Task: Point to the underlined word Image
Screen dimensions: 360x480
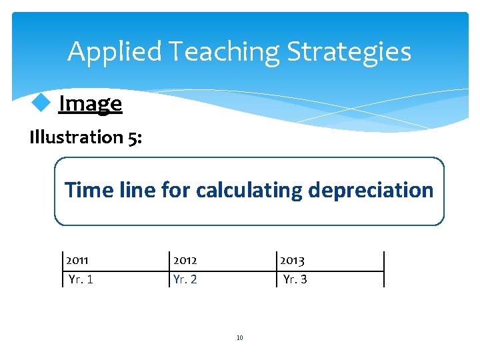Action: pyautogui.click(x=90, y=103)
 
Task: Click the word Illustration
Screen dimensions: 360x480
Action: pyautogui.click(x=75, y=137)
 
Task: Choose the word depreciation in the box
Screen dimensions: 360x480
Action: pyautogui.click(x=371, y=191)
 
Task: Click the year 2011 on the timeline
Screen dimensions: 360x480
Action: pyautogui.click(x=77, y=260)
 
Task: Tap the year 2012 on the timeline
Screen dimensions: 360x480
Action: pyautogui.click(x=185, y=260)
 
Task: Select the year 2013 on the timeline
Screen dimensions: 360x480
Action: pyautogui.click(x=292, y=260)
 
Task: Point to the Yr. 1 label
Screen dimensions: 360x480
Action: pyautogui.click(x=81, y=279)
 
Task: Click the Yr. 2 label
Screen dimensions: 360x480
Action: pyautogui.click(x=185, y=279)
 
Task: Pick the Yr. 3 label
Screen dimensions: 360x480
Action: pyautogui.click(x=295, y=279)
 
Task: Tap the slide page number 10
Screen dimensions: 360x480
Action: pyautogui.click(x=239, y=338)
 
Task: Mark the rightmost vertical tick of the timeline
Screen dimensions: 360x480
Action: pyautogui.click(x=384, y=269)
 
